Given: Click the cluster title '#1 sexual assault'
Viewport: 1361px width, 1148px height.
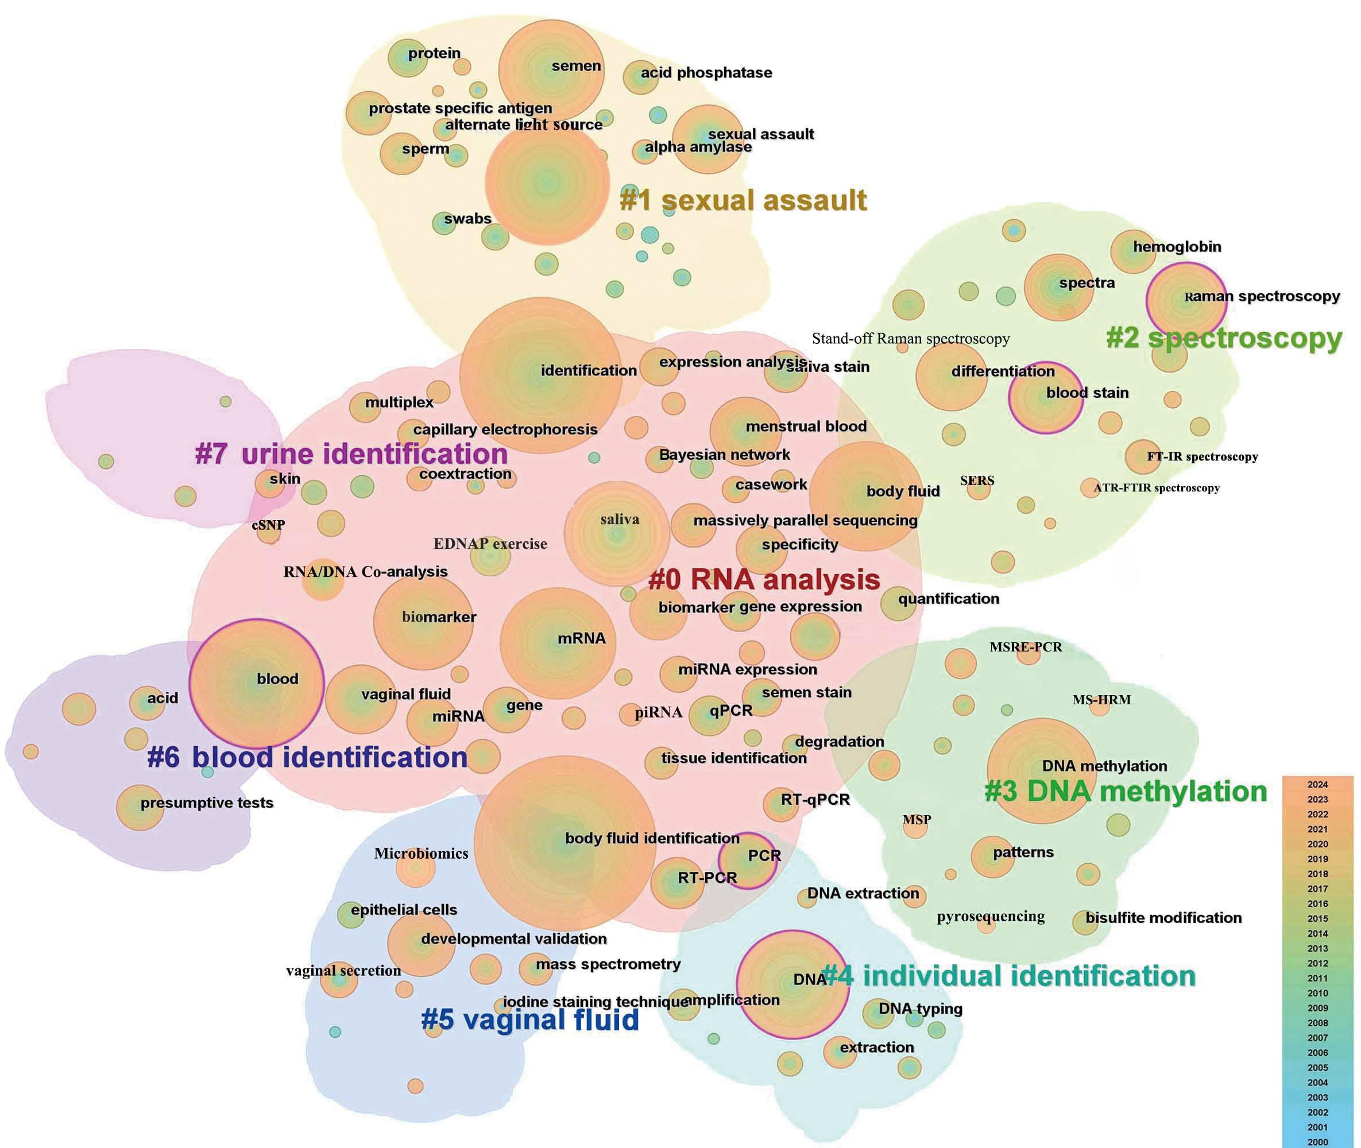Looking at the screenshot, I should (x=743, y=200).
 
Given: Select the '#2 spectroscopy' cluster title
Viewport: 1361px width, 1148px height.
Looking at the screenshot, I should (x=1224, y=339).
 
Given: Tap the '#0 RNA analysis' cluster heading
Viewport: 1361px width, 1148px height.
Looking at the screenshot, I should (x=764, y=579).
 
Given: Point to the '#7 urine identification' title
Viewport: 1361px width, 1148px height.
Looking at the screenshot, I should (x=351, y=453).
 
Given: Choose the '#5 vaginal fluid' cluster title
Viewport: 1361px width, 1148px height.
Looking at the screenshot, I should (x=530, y=1019).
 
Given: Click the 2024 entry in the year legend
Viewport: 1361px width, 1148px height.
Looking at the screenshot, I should (x=1317, y=784).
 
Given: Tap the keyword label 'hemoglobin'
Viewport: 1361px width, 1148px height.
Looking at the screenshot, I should (x=1177, y=247).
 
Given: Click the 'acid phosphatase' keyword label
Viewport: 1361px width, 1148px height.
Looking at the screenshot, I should (x=706, y=73).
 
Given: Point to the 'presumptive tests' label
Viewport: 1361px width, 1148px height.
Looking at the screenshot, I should (x=206, y=802).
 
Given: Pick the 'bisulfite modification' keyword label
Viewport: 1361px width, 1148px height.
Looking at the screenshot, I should (x=1163, y=918).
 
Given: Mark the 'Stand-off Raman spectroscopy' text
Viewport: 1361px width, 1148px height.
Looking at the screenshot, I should (x=910, y=339).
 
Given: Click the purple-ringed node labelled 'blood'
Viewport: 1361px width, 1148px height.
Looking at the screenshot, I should (x=256, y=682).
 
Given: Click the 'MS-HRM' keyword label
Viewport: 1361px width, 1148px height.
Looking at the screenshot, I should (x=1101, y=700).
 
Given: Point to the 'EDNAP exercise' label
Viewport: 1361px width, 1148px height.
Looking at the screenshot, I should (x=490, y=544).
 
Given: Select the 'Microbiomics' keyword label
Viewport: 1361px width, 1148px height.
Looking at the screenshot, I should (x=421, y=853).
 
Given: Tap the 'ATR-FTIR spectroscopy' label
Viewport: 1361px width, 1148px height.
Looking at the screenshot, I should (x=1157, y=487).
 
